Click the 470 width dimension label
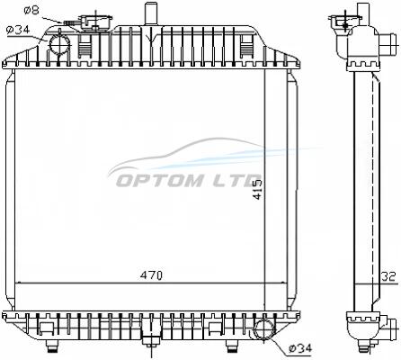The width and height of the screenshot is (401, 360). point(151,275)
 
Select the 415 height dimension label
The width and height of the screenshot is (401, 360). point(257,189)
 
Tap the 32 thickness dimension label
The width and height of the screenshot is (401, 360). point(389,276)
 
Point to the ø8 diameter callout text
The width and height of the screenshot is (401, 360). point(31,11)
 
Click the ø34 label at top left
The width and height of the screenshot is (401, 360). point(18,30)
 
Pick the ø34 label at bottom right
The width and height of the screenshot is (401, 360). point(300,348)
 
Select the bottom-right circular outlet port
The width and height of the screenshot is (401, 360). point(264,330)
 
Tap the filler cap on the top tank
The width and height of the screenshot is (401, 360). point(96,22)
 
